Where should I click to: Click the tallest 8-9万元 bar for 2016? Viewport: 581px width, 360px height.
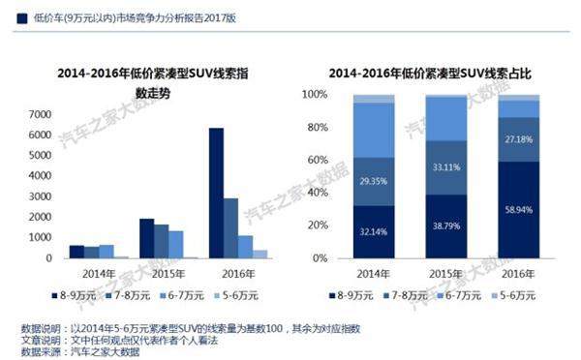(216, 193)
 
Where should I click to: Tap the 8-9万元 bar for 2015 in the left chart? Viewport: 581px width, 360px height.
(146, 238)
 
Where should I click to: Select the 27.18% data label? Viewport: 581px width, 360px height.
(520, 139)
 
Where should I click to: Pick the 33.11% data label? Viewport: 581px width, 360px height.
(447, 166)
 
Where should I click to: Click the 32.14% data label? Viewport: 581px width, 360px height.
(374, 232)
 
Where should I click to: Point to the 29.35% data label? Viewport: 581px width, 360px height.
(374, 181)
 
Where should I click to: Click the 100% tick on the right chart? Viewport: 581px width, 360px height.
(317, 95)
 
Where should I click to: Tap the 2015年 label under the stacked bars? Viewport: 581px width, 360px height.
(446, 273)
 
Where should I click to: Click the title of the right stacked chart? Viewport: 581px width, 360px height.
(430, 73)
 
